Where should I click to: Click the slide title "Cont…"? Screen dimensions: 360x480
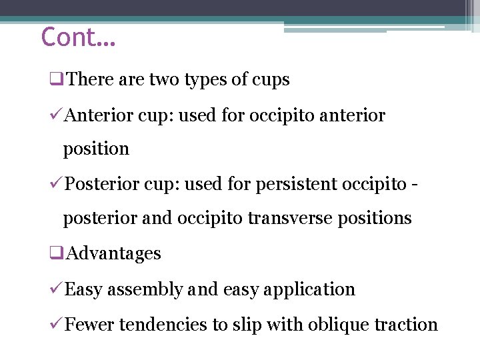tap(78, 37)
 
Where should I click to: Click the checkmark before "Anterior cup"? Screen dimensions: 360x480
tap(57, 115)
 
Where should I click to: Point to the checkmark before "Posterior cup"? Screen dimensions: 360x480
tap(57, 184)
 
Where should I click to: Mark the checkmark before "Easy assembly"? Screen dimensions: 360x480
tap(57, 289)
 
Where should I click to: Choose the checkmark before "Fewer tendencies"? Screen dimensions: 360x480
tap(57, 325)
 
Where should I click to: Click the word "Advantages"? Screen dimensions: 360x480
tap(114, 253)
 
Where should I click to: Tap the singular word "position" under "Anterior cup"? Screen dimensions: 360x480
tap(96, 149)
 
